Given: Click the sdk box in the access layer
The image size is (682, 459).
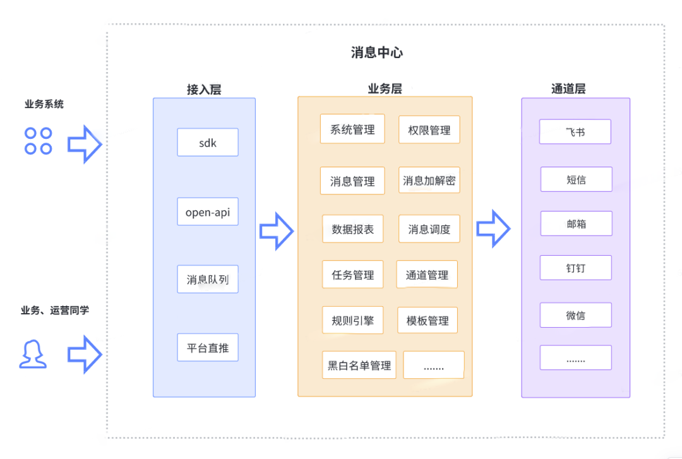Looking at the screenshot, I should (208, 143).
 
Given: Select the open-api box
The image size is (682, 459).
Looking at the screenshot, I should (208, 212).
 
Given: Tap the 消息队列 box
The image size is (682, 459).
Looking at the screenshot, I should (208, 279).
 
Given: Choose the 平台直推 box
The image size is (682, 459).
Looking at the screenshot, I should (208, 347).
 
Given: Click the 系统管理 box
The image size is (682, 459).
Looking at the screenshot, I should (352, 129).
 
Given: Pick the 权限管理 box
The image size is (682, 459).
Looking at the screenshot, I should (429, 130).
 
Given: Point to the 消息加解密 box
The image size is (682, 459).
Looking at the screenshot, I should (429, 181).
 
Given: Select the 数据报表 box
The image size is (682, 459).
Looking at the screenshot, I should (353, 229).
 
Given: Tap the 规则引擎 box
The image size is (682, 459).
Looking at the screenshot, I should (353, 320).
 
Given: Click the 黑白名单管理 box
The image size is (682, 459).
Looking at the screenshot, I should (359, 365).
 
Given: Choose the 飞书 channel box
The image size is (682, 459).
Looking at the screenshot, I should (575, 132).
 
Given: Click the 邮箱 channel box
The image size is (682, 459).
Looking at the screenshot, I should (576, 224).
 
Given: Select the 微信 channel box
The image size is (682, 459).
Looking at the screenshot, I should (576, 315).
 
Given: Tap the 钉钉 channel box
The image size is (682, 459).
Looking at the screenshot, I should (576, 268).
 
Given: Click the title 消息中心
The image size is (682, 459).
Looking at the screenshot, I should (377, 52).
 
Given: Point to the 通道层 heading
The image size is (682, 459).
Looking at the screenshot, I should (568, 89).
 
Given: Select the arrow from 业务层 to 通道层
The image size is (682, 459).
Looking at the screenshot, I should (493, 228).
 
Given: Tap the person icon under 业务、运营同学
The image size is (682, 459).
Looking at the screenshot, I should (33, 354).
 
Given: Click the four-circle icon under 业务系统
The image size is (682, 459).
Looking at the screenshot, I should (38, 141).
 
